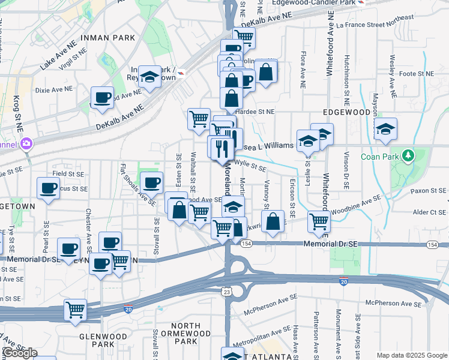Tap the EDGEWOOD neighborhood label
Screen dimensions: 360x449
pos(346,112)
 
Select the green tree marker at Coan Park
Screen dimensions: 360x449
pos(408,156)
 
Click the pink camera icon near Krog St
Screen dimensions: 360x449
pos(25,143)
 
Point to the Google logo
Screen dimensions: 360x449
pos(19,353)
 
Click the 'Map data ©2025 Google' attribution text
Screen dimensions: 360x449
pos(412,355)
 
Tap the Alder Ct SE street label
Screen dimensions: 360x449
pos(428,212)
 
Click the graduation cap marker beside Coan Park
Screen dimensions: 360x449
pos(385,128)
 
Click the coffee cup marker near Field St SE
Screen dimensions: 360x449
pos(49,188)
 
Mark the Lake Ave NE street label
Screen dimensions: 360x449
pos(59,56)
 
